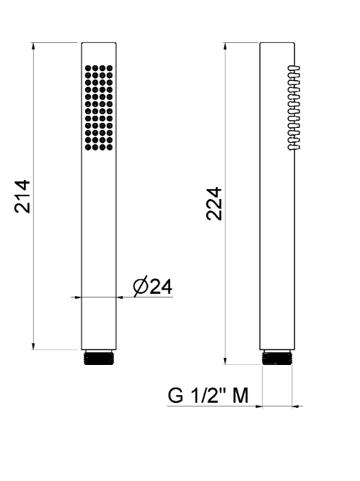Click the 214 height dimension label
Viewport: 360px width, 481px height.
coord(23,196)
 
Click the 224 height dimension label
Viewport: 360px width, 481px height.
coord(214,204)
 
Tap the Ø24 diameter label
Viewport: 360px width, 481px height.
coord(153,287)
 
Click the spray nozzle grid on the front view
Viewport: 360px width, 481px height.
coord(98,107)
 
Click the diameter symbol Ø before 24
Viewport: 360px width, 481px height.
coord(140,287)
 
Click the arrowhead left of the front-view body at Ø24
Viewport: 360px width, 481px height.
coord(79,297)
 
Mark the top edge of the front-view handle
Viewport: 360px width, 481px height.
coord(98,44)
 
